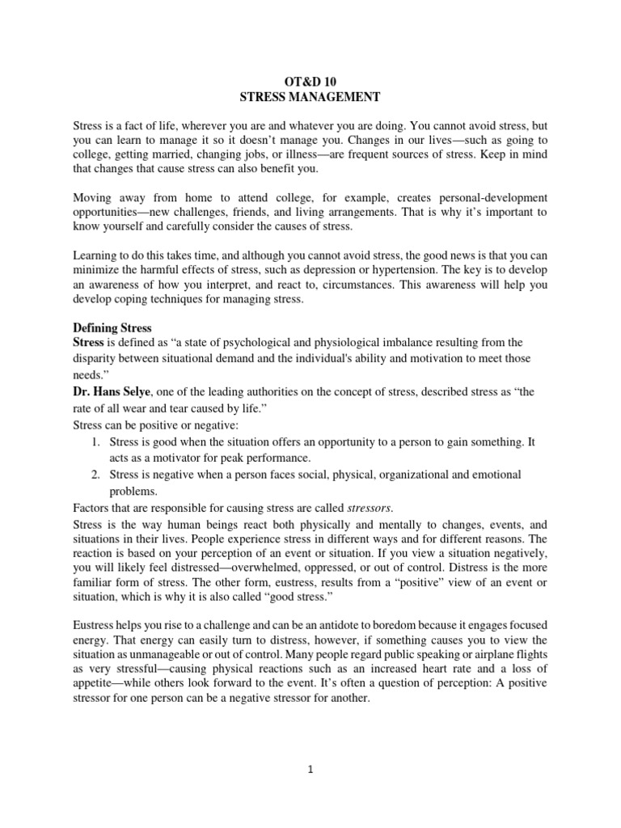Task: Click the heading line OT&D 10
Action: [x=310, y=81]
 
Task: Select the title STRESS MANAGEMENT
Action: [x=310, y=97]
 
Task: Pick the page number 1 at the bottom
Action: [x=310, y=770]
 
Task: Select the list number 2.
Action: [x=95, y=474]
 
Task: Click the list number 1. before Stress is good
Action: [x=95, y=442]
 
